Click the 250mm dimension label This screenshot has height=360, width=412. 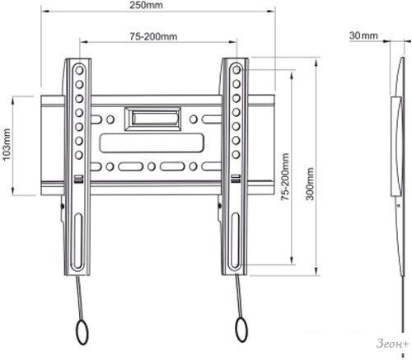(x=146, y=5)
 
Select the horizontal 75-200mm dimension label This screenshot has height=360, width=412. (x=153, y=36)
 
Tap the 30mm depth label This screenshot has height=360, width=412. (x=363, y=35)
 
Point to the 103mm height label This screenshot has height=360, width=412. (x=6, y=144)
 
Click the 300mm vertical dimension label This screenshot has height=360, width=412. (x=310, y=184)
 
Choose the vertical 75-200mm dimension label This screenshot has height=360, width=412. (x=285, y=176)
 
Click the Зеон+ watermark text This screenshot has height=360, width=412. (x=392, y=344)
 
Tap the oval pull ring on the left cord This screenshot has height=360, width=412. (x=82, y=332)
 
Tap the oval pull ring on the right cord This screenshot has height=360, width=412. (x=241, y=330)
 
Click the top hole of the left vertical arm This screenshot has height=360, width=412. (x=79, y=70)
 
